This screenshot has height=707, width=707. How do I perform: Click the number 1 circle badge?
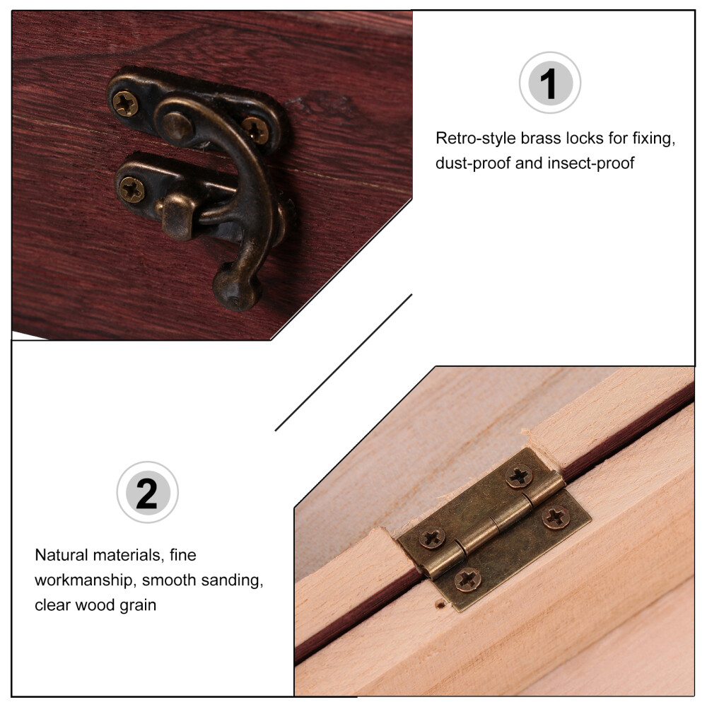click(x=549, y=83)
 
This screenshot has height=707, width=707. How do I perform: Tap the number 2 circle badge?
click(x=148, y=492)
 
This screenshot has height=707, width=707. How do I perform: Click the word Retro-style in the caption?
click(x=476, y=138)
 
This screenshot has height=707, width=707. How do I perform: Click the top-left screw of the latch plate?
click(x=125, y=103)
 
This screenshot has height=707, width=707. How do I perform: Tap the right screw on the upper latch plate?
click(x=256, y=130)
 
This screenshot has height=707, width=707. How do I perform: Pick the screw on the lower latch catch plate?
click(x=132, y=189)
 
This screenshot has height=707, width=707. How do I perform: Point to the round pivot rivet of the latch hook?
click(x=177, y=127)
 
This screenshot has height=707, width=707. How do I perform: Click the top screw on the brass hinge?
click(x=519, y=477)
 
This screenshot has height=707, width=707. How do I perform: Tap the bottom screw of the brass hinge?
click(x=467, y=580)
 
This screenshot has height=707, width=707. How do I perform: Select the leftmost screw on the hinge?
click(x=432, y=538)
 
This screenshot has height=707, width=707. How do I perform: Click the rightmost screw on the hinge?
click(x=556, y=518)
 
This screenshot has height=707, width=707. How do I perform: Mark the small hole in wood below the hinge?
click(x=440, y=604)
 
